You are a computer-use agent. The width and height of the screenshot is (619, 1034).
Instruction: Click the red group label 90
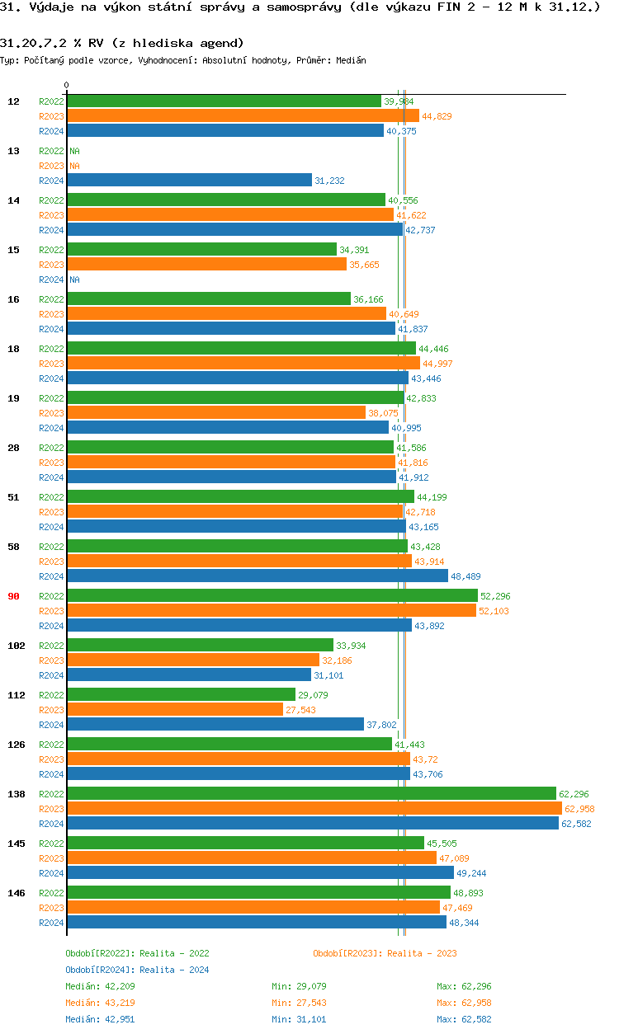(13, 596)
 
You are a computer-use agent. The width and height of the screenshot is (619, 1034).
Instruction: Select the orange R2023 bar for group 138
(314, 809)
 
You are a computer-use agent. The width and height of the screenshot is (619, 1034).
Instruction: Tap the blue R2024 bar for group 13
(189, 181)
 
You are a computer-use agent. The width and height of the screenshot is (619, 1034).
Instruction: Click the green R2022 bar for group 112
(181, 695)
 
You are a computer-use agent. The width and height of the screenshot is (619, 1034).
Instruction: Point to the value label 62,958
(579, 809)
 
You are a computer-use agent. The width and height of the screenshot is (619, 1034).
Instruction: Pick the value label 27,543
(300, 710)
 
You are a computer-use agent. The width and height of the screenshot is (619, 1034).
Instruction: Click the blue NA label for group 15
(74, 280)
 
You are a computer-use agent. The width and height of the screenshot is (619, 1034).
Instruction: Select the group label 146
(16, 893)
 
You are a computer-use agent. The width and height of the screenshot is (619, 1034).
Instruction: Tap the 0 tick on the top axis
(67, 85)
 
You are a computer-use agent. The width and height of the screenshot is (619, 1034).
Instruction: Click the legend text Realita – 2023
(422, 953)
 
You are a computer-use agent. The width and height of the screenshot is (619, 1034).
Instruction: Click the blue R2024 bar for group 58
(257, 576)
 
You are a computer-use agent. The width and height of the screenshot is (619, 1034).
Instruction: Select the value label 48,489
(465, 576)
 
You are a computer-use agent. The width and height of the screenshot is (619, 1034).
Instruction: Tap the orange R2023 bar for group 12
(243, 116)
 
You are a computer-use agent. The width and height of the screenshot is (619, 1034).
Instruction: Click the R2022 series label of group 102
(51, 646)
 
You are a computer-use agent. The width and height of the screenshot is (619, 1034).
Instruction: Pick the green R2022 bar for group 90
(272, 596)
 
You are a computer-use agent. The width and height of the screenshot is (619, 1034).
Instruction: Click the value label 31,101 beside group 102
(328, 675)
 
